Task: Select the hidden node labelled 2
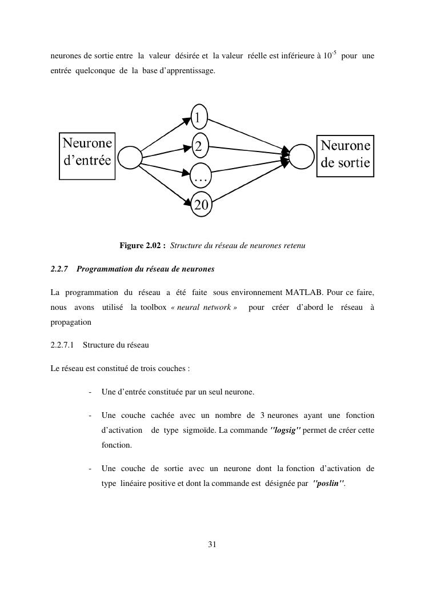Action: (x=199, y=146)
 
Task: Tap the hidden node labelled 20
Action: (x=201, y=205)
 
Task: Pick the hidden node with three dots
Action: (x=201, y=177)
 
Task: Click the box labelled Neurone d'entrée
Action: (x=87, y=156)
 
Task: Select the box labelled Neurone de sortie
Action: (x=345, y=156)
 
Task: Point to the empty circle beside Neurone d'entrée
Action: (x=130, y=157)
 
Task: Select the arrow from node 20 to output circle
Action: (x=251, y=183)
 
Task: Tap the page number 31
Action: (x=212, y=544)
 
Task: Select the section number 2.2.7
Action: (x=59, y=269)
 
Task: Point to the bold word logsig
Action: (x=284, y=429)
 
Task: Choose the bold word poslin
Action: (x=329, y=483)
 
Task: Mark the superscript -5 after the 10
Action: (x=334, y=53)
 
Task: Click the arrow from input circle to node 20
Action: (x=166, y=183)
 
